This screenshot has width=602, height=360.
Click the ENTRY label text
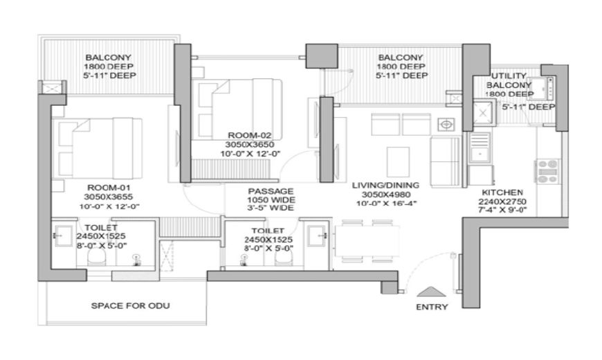(432, 307)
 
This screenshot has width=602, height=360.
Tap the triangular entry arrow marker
(432, 292)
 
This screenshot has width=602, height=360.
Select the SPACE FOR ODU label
(131, 306)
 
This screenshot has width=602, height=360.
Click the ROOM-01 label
(109, 188)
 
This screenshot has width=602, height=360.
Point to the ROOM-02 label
(250, 135)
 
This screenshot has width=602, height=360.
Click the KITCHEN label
(502, 192)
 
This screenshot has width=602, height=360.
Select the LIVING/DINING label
(385, 185)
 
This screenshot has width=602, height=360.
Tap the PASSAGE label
(271, 191)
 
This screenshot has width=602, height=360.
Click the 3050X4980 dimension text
(386, 195)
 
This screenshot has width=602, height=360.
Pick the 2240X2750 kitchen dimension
(502, 201)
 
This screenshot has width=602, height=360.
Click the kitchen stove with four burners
(548, 171)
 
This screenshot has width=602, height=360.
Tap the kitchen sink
(480, 147)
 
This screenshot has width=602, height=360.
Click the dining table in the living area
(367, 241)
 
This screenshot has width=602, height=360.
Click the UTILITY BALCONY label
(509, 80)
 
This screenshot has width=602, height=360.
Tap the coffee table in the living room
(398, 161)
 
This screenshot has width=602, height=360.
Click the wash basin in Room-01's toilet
(64, 235)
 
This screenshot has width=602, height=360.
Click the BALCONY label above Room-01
(108, 57)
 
